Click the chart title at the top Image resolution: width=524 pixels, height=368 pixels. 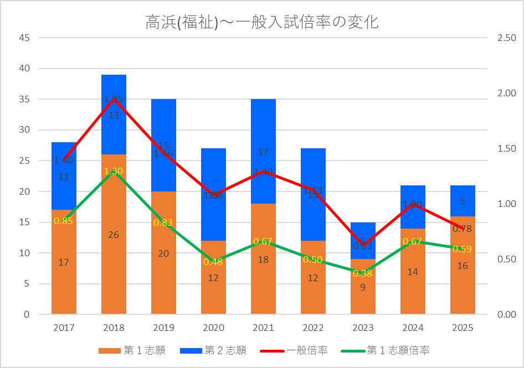coord(262,23)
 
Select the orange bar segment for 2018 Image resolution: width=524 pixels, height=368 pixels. coord(114,260)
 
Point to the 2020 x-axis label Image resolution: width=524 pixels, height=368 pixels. coord(213,328)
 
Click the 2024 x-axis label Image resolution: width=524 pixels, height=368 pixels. coord(413,328)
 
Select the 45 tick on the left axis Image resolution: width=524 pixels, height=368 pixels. coord(25,38)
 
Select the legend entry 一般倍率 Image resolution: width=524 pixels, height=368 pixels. coord(307,350)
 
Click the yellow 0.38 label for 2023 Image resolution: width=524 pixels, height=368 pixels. coord(363,273)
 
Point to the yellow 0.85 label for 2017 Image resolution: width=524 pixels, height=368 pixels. coord(64,221)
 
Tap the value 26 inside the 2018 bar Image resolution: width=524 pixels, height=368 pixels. coord(114,235)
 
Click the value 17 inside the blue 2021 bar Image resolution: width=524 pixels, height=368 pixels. coord(263,152)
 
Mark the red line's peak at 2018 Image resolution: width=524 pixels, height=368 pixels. coord(114,99)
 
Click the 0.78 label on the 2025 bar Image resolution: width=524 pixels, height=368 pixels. coord(463,229)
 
